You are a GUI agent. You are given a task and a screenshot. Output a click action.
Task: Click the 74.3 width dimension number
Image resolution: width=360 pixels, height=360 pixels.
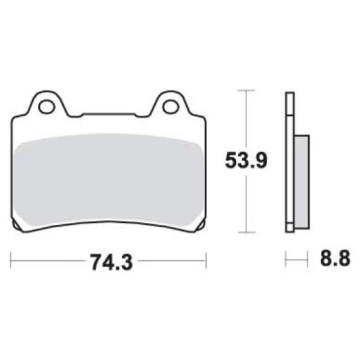pos(111,262)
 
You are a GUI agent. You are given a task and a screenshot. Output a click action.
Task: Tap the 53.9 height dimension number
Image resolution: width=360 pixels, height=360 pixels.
pos(246,160)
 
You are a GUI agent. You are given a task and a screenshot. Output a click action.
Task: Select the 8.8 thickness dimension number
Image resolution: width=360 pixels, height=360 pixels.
pos(335,258)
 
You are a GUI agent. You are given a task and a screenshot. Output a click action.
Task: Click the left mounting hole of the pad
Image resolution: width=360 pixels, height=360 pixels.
pos(47,107)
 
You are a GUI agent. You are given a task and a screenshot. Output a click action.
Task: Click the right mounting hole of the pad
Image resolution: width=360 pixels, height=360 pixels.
pos(171,107)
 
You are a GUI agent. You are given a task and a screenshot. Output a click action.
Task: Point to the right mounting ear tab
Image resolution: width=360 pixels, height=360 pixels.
pos(170,104)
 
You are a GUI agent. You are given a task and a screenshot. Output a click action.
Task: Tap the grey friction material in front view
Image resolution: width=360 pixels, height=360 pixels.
pos(108,179)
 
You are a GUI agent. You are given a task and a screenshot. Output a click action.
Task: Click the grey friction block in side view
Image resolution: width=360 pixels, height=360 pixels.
pos(302,182)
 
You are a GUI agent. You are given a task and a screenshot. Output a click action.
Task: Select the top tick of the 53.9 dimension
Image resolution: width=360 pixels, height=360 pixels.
pos(246,91)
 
